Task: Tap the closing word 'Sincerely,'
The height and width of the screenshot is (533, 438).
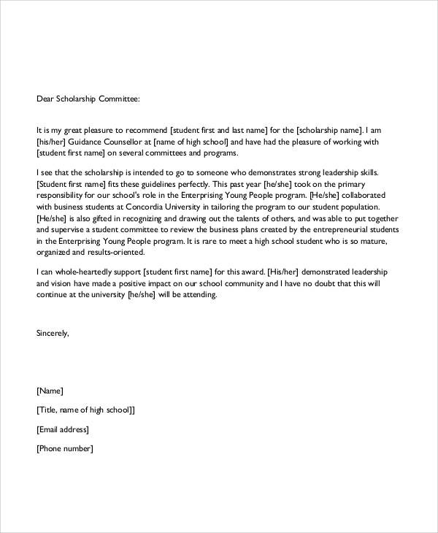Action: point(53,333)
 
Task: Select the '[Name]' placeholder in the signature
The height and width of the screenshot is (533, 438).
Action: point(50,391)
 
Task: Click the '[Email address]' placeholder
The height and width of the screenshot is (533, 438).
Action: point(62,429)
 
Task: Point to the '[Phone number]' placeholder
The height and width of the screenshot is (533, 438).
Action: point(64,448)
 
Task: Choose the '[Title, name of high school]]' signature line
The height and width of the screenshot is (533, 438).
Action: point(85,410)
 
